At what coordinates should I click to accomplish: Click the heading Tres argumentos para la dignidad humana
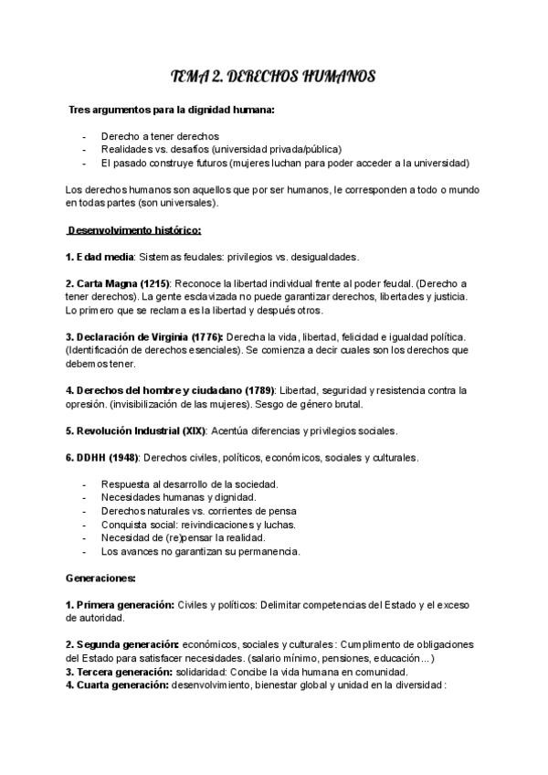coord(172,110)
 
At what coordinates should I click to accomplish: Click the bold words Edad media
coord(104,257)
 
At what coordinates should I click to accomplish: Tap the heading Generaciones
coord(101,578)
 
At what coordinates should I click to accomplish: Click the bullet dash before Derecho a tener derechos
coord(84,136)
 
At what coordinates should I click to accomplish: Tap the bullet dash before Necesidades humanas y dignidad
coord(84,496)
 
